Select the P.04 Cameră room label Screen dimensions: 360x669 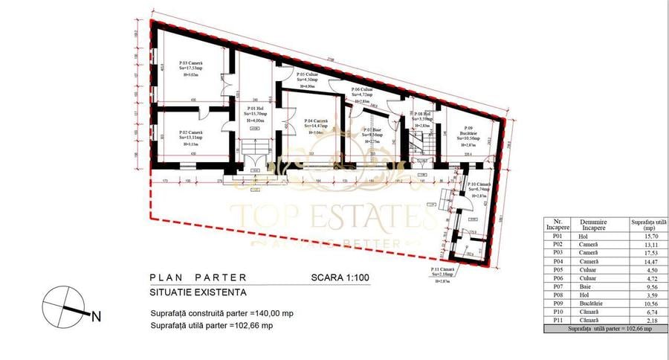click(316, 120)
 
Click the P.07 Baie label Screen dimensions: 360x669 click(372, 129)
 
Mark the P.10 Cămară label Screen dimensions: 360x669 click(477, 184)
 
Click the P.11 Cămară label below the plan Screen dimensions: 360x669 click(444, 269)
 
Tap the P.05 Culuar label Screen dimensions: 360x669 click(308, 75)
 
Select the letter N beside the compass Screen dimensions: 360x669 click(96, 316)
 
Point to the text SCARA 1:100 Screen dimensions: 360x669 click(340, 278)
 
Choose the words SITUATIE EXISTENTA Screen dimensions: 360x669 click(198, 294)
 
